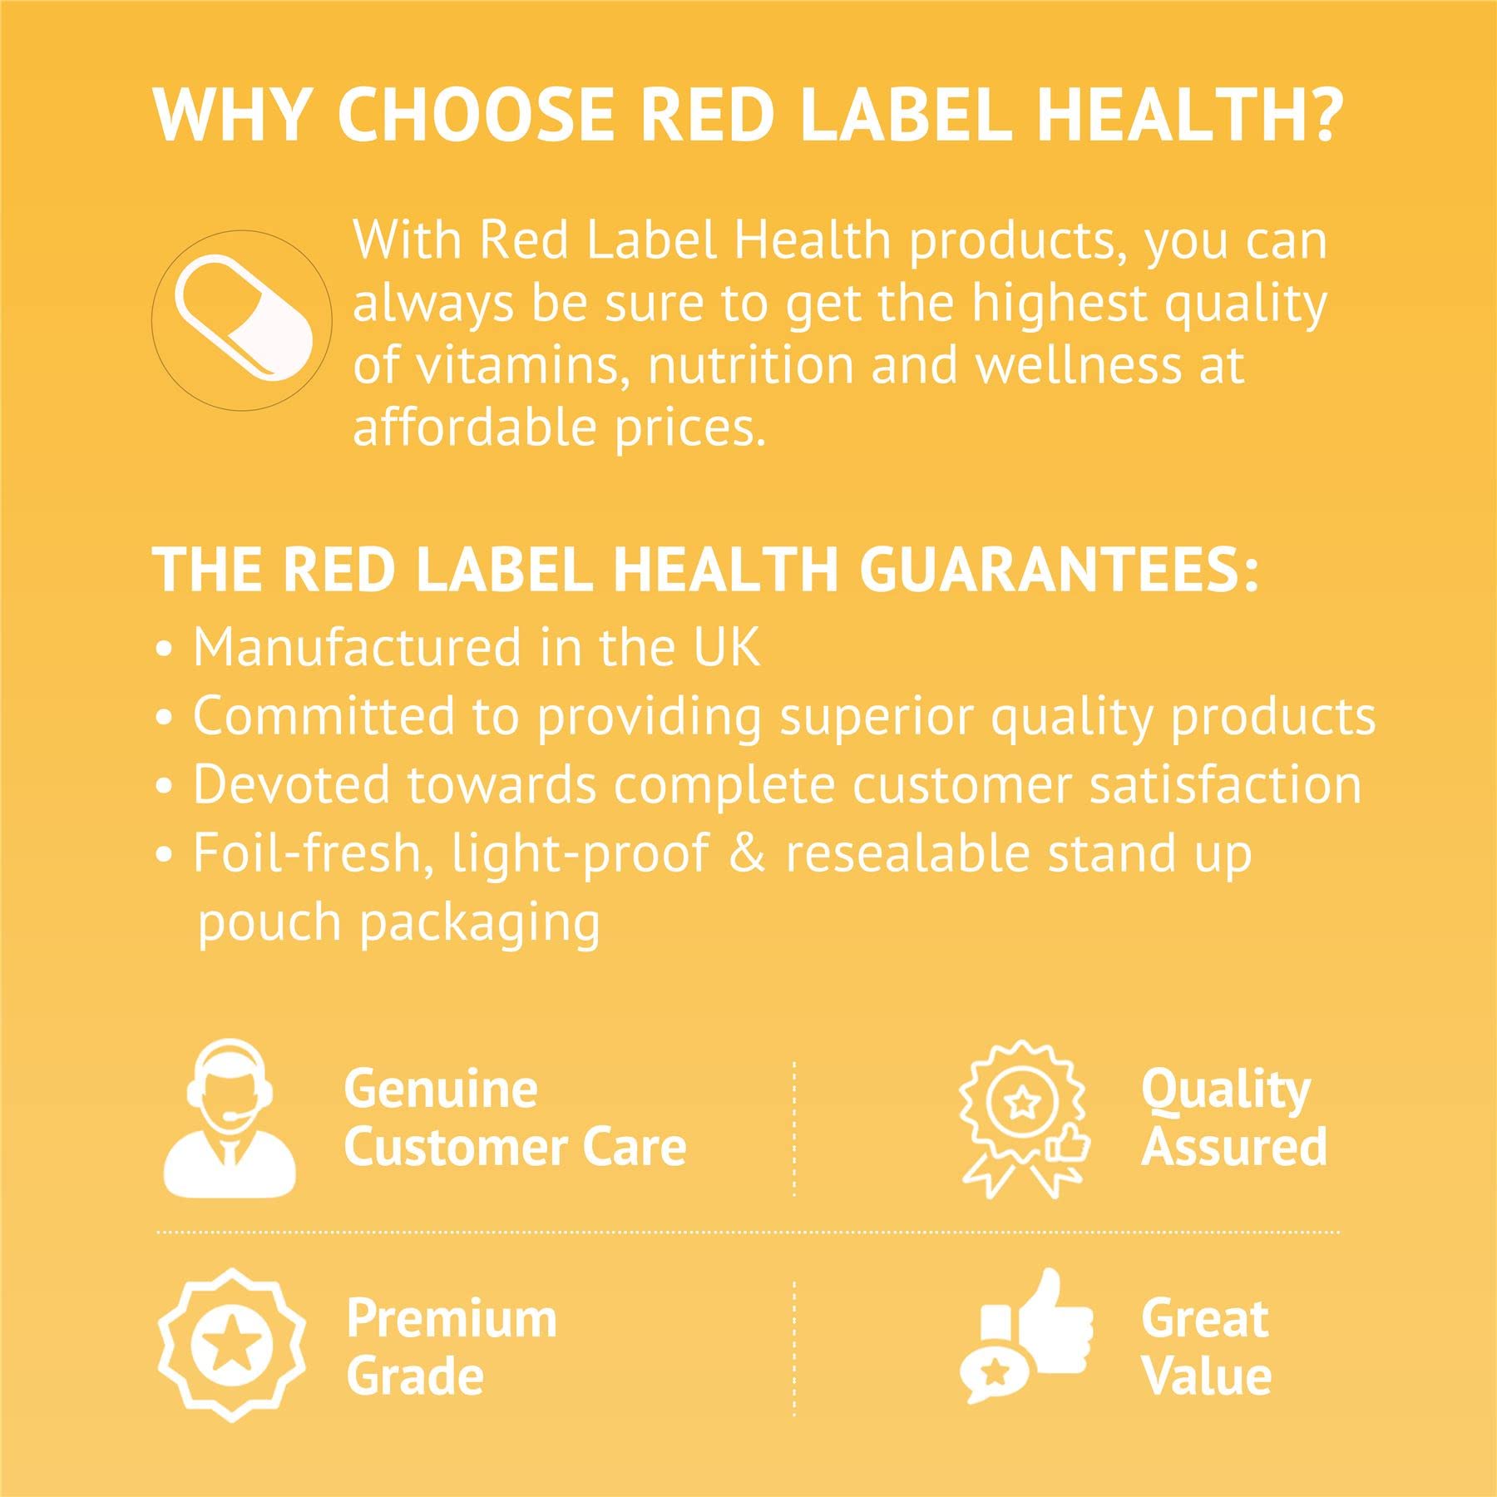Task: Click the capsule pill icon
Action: click(x=245, y=320)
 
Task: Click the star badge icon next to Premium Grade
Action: click(x=231, y=1345)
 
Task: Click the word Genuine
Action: click(x=441, y=1090)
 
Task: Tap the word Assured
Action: click(x=1234, y=1146)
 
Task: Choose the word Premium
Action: click(x=452, y=1319)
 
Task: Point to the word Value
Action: click(x=1207, y=1376)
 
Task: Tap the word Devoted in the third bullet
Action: click(x=292, y=784)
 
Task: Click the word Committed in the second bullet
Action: click(x=324, y=716)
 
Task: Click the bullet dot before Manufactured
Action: click(x=165, y=650)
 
